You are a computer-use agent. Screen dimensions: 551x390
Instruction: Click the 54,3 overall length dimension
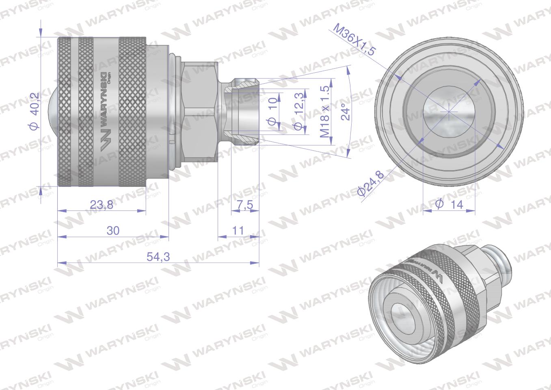158,257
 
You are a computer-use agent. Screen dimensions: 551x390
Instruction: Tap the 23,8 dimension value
102,204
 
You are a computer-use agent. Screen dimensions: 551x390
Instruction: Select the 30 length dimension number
113,231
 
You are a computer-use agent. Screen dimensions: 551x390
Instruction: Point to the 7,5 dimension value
245,204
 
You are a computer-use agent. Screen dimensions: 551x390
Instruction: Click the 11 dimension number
238,231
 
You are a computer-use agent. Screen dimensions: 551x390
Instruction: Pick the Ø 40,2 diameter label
34,111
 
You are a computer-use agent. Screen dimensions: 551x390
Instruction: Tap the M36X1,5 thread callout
354,40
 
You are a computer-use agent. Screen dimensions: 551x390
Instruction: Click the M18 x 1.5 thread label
325,111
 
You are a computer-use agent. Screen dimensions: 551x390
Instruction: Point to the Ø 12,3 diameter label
298,111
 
